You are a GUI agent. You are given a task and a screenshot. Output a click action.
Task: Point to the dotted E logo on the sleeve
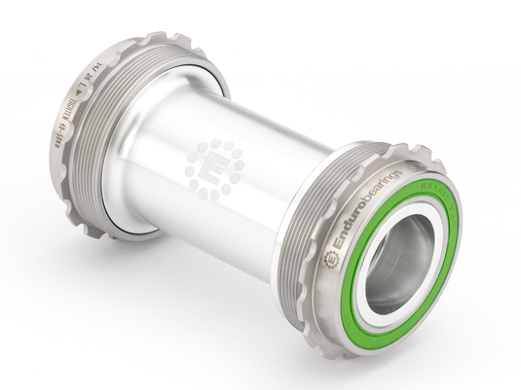(213, 169)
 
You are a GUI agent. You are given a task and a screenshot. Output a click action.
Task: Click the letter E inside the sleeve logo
(213, 170)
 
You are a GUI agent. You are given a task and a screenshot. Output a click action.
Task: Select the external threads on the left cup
(93, 146)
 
